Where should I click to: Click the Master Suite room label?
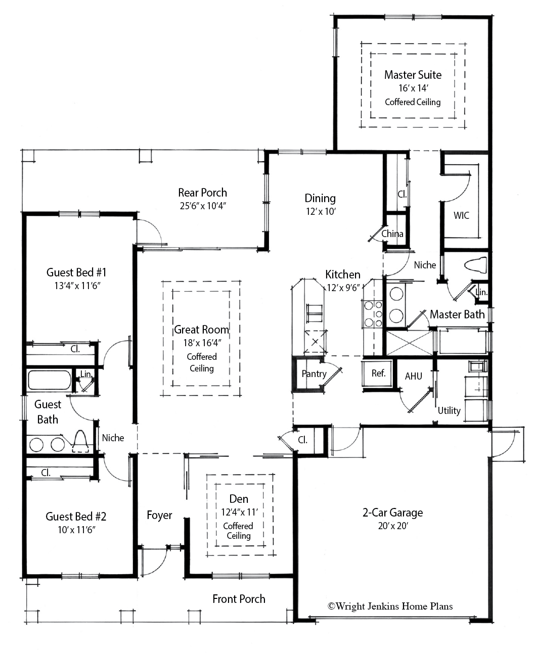point(413,75)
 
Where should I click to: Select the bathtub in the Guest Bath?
point(49,380)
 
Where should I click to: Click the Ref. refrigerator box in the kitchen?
point(378,373)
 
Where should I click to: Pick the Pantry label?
point(314,374)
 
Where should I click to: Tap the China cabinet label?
point(392,233)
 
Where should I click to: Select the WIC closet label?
point(461,215)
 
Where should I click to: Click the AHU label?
point(413,376)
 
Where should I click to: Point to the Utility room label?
point(449,410)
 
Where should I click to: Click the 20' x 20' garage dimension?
point(392,526)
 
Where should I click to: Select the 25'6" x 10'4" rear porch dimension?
point(202,206)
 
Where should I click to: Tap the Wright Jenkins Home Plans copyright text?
point(390,606)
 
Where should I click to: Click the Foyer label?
point(159,515)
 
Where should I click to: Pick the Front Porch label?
point(239,599)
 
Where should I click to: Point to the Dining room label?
point(320,198)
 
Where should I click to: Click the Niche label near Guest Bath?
point(113,438)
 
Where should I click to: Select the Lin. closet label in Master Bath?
point(481,292)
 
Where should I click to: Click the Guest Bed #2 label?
point(76,517)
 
